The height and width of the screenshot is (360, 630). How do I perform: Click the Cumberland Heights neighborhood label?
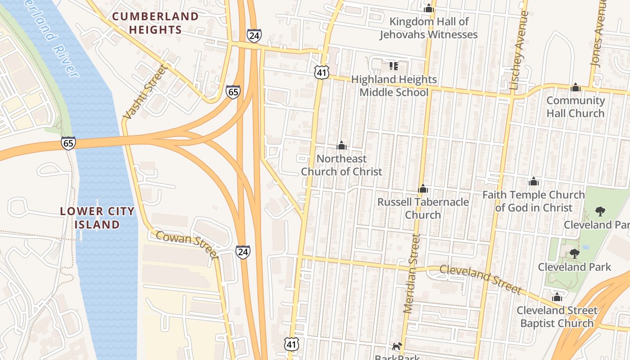tap(155, 23)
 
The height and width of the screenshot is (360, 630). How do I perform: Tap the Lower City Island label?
tap(97, 218)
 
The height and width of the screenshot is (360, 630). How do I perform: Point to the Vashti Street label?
tap(145, 92)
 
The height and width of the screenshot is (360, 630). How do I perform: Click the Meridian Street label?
tap(412, 274)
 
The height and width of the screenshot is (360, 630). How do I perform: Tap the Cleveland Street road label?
tap(480, 279)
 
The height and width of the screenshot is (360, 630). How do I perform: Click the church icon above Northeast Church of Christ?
tap(342, 145)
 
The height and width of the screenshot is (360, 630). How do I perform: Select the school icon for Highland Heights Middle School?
tap(394, 66)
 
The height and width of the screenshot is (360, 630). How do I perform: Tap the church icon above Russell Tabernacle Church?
tap(423, 189)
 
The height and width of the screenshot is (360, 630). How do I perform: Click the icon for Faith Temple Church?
tap(534, 181)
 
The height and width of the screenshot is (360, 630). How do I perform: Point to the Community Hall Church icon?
tap(575, 87)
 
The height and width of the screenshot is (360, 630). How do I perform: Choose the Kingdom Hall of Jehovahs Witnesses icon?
tap(428, 8)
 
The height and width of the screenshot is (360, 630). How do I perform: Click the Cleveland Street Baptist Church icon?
tap(557, 297)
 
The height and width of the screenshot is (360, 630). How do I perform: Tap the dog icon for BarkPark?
tap(396, 346)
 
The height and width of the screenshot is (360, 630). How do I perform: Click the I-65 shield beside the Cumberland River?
tap(68, 143)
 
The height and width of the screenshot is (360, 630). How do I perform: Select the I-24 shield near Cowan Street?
tap(243, 252)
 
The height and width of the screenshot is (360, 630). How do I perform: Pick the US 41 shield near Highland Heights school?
tap(322, 72)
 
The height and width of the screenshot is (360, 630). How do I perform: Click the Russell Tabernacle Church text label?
tap(423, 208)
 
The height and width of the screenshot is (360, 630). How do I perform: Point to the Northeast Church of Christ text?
tap(342, 165)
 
